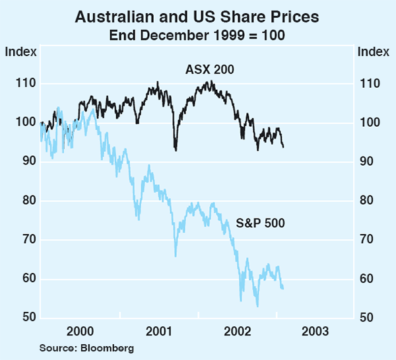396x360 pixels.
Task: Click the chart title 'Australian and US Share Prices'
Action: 197,16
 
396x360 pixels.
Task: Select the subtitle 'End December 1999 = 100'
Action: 197,34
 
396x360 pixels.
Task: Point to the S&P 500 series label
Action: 260,223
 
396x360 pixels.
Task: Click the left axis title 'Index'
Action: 20,52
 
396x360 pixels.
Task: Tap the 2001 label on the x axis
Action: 158,331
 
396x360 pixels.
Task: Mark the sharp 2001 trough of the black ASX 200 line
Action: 176,150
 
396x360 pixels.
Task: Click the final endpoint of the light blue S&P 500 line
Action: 283,289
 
